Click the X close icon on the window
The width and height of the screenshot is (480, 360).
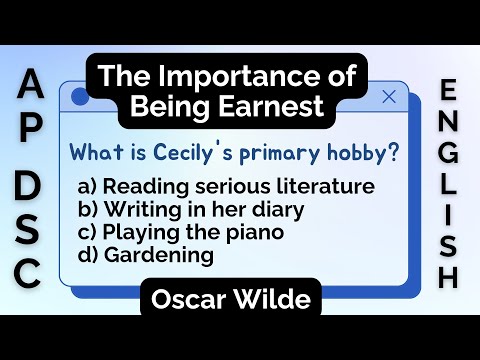[389, 97]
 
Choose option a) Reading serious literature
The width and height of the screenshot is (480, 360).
[225, 187]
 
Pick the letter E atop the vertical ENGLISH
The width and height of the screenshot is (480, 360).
[450, 93]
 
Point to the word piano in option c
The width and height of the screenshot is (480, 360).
[258, 233]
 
